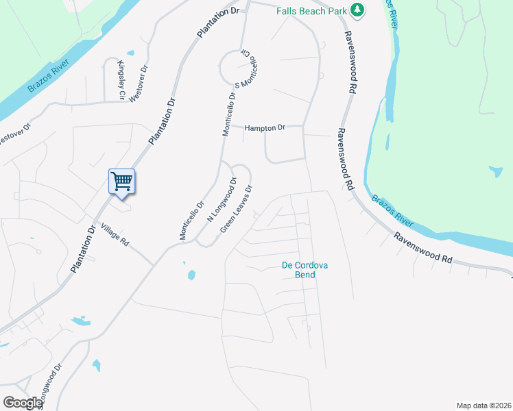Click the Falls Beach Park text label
[312, 11]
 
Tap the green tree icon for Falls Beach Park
[357, 10]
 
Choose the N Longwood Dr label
[222, 199]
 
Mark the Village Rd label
[115, 234]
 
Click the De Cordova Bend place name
[299, 270]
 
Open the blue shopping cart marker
[121, 183]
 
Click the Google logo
[22, 402]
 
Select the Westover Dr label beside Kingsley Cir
[138, 82]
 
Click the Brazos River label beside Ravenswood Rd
[394, 210]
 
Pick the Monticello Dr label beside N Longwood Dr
[193, 220]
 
